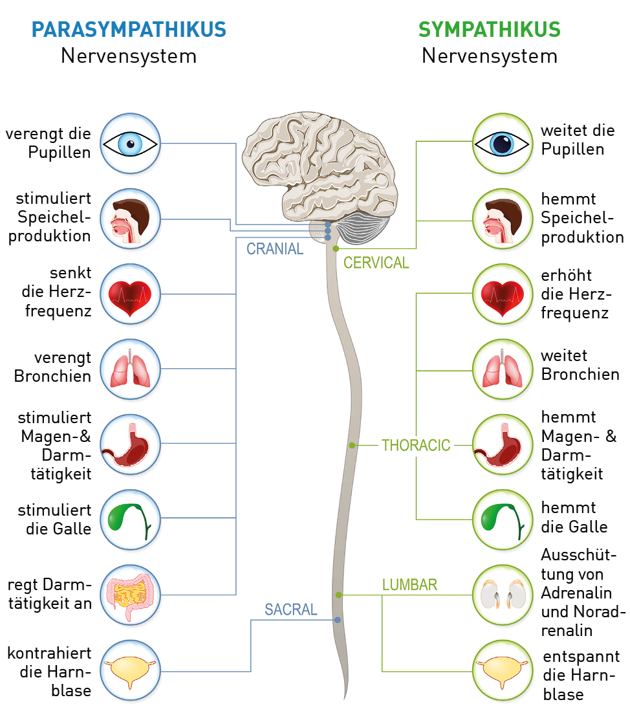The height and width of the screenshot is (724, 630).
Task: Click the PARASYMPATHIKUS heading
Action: click(x=129, y=30)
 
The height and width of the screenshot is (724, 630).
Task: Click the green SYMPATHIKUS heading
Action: click(x=489, y=30)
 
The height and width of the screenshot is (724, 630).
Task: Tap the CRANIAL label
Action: click(x=275, y=249)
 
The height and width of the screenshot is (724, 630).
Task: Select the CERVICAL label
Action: click(x=376, y=263)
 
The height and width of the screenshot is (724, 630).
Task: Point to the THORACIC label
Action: click(x=416, y=445)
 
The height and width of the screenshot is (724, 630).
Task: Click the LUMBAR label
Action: click(x=409, y=585)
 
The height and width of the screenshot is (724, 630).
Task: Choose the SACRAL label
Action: click(x=291, y=609)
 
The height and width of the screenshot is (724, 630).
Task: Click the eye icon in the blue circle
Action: click(x=131, y=144)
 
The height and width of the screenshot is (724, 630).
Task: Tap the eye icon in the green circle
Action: click(x=502, y=144)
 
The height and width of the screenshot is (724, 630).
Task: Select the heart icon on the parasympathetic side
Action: click(x=131, y=294)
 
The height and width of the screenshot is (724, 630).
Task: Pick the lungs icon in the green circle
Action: click(x=502, y=369)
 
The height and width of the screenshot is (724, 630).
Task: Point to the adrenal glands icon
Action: click(x=502, y=594)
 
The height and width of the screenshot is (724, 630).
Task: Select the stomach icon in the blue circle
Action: click(x=131, y=444)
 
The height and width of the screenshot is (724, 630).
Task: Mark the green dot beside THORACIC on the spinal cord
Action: click(x=353, y=445)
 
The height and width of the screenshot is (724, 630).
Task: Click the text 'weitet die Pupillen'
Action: click(x=578, y=140)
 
